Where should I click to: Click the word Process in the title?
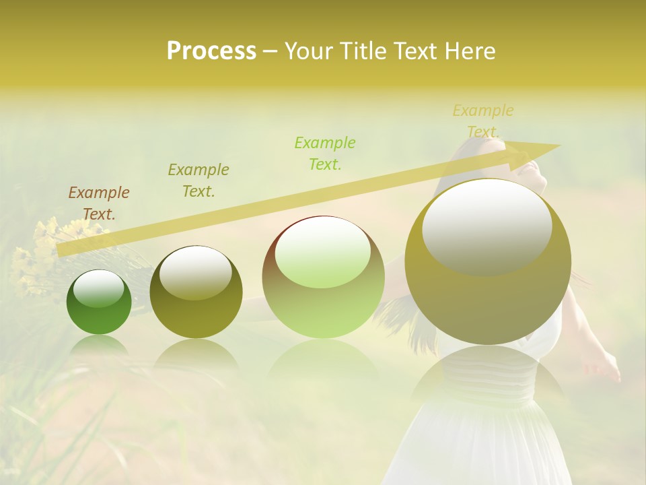[x=211, y=51]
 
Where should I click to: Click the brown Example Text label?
[x=99, y=203]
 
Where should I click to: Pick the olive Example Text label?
[x=199, y=180]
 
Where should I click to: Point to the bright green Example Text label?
[x=325, y=153]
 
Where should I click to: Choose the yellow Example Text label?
[x=483, y=121]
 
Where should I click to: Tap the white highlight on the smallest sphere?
[x=98, y=288]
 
